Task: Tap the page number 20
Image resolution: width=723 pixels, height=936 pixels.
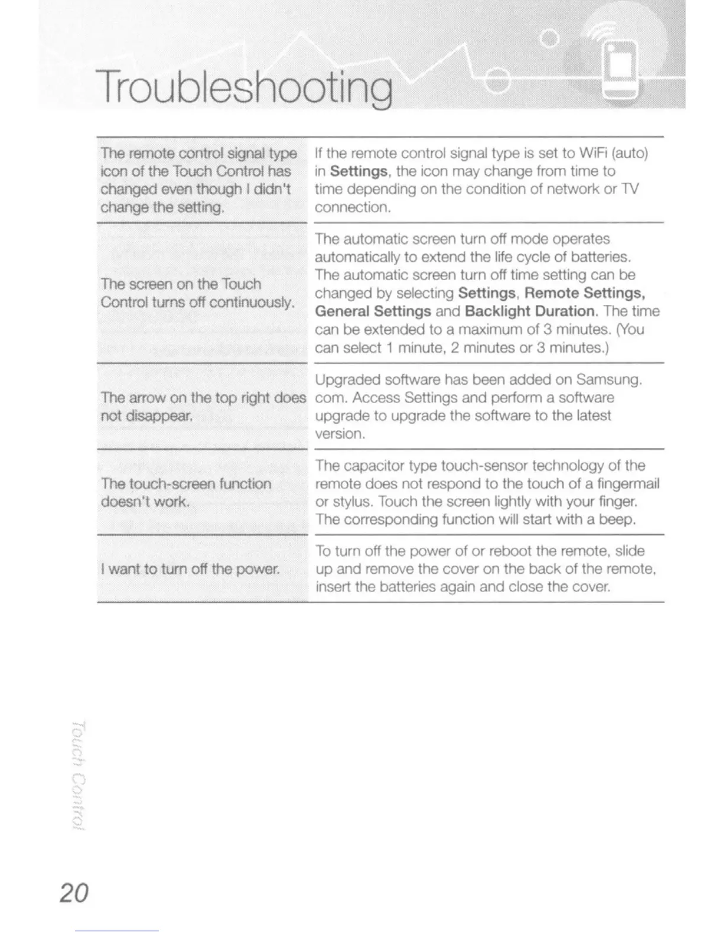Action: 74,892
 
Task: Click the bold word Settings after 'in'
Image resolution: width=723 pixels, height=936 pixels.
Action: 359,171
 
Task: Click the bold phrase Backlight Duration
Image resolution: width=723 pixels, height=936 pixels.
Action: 529,311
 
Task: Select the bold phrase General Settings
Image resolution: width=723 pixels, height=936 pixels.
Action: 373,311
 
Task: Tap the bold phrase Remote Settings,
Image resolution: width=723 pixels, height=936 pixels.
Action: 584,293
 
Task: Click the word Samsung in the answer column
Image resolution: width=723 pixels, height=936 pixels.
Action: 608,379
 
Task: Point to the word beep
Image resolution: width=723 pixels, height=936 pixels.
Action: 617,520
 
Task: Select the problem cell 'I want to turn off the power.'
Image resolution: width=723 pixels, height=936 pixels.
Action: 190,569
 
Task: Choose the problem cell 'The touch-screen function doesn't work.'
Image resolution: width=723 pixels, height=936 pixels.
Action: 186,493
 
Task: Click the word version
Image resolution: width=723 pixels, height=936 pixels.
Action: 339,434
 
